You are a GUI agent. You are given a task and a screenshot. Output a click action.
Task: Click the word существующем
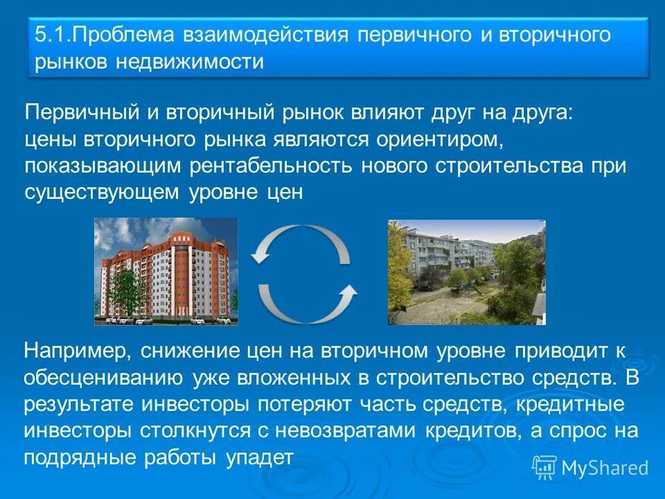point(102,192)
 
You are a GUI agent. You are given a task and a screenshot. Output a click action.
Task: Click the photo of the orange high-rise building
point(166,271)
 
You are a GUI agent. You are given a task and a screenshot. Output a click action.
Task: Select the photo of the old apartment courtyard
point(466,272)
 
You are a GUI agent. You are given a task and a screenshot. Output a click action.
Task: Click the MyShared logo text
point(605,468)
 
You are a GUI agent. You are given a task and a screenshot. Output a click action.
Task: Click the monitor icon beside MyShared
point(544,468)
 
